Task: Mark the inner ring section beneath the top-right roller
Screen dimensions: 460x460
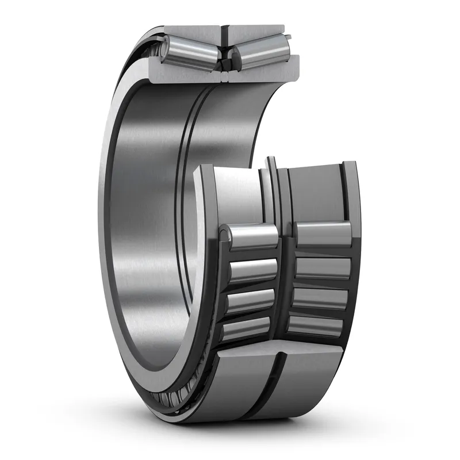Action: click(x=264, y=70)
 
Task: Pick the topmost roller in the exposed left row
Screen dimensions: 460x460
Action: click(x=253, y=236)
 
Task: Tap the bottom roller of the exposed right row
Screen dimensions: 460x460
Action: click(x=316, y=325)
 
